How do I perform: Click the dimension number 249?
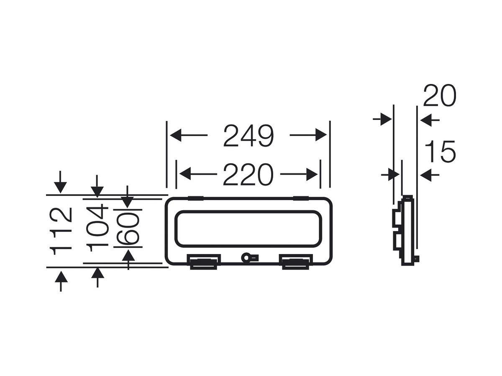248,135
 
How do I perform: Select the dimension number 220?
248,174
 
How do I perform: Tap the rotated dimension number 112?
60,231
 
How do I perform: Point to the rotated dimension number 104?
97,227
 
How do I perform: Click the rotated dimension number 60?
128,228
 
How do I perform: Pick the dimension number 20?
440,95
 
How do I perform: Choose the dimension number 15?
440,151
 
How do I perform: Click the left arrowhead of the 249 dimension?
176,135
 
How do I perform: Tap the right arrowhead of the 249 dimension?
321,135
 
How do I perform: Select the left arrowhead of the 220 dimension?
185,174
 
